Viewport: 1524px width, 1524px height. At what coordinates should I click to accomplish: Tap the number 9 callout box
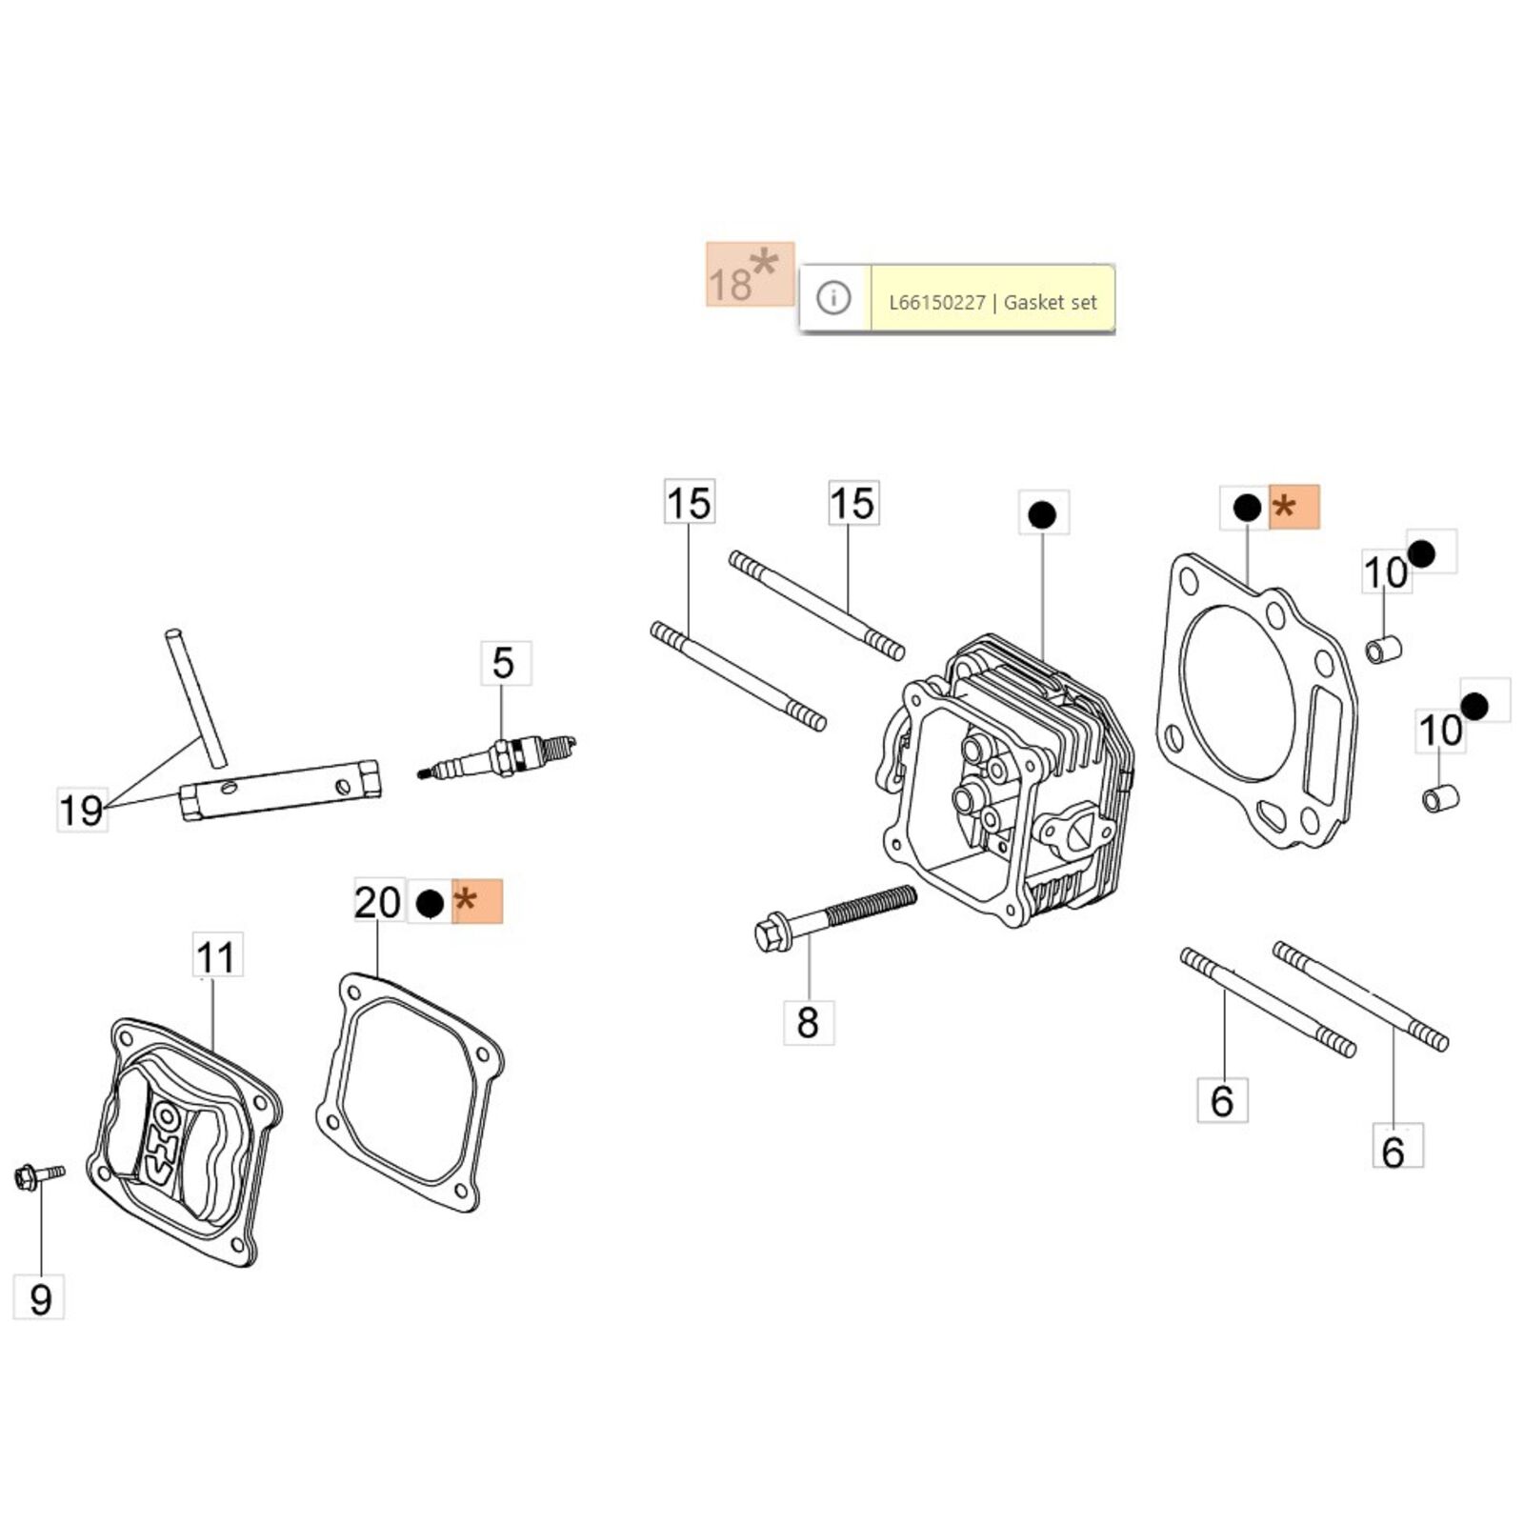click(39, 1298)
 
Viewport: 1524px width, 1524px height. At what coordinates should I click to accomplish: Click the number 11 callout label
click(216, 956)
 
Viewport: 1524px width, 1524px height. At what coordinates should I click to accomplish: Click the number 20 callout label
click(378, 901)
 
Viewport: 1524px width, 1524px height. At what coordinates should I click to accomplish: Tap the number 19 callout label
click(81, 811)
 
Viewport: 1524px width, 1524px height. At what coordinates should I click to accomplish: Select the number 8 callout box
click(808, 1022)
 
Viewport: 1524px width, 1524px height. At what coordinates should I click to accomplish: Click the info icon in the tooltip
click(833, 299)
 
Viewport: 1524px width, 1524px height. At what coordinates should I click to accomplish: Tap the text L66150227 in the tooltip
click(936, 303)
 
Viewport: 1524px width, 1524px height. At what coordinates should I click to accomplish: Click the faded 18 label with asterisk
click(749, 276)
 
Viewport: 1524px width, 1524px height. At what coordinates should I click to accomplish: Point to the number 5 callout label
click(504, 663)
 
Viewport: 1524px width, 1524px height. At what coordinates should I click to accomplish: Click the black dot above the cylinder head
click(1042, 514)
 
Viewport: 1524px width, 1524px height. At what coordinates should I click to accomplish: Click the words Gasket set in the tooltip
click(1051, 303)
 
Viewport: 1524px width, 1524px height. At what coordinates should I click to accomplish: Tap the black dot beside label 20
click(430, 902)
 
